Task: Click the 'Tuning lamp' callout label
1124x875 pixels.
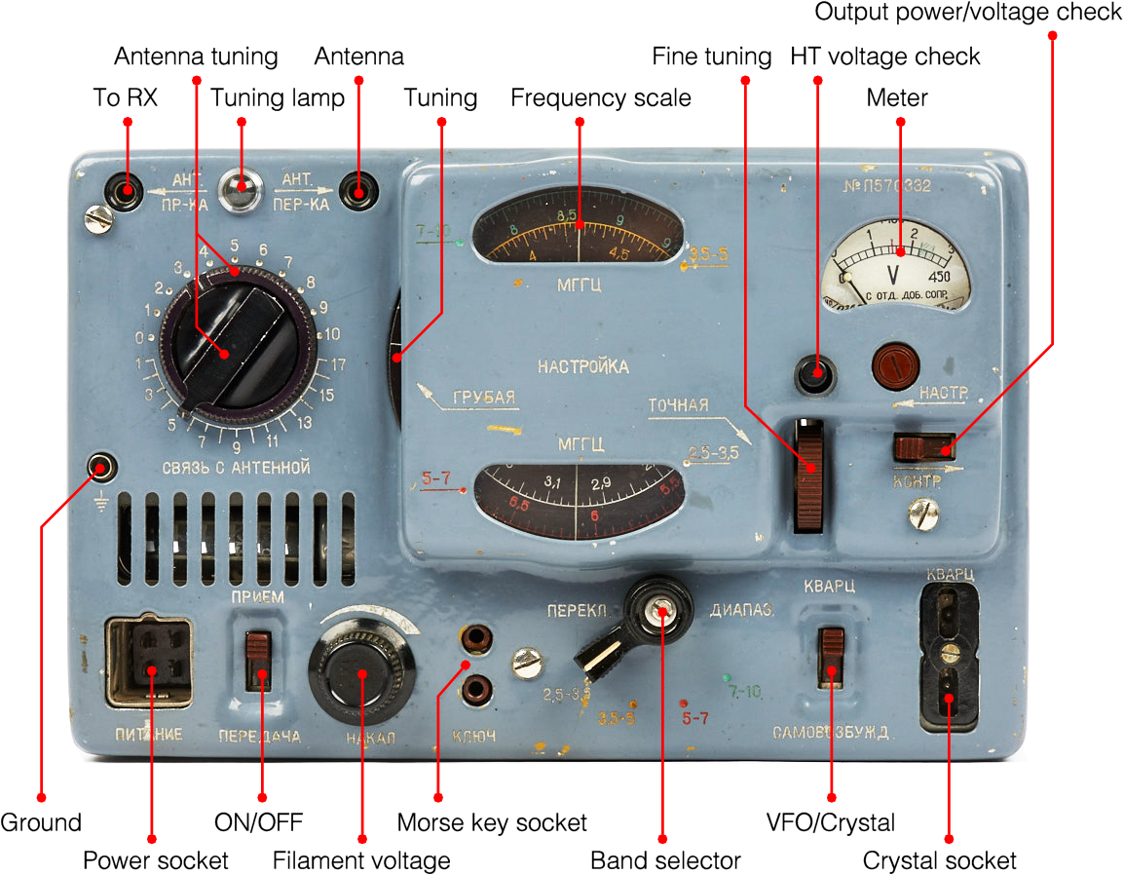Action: coord(278,98)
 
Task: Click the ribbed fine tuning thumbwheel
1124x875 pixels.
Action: coord(808,475)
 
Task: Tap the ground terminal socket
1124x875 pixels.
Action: coord(101,468)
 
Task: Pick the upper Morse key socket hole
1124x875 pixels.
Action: coord(476,640)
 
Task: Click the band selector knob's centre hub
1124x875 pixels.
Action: coord(661,612)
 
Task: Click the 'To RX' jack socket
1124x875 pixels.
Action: coord(126,188)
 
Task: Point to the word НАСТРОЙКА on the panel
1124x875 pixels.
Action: coord(582,367)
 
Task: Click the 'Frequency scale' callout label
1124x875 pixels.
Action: coord(601,98)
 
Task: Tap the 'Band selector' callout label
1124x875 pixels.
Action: coord(665,860)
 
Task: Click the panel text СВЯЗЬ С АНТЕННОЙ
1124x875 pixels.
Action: coord(238,469)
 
